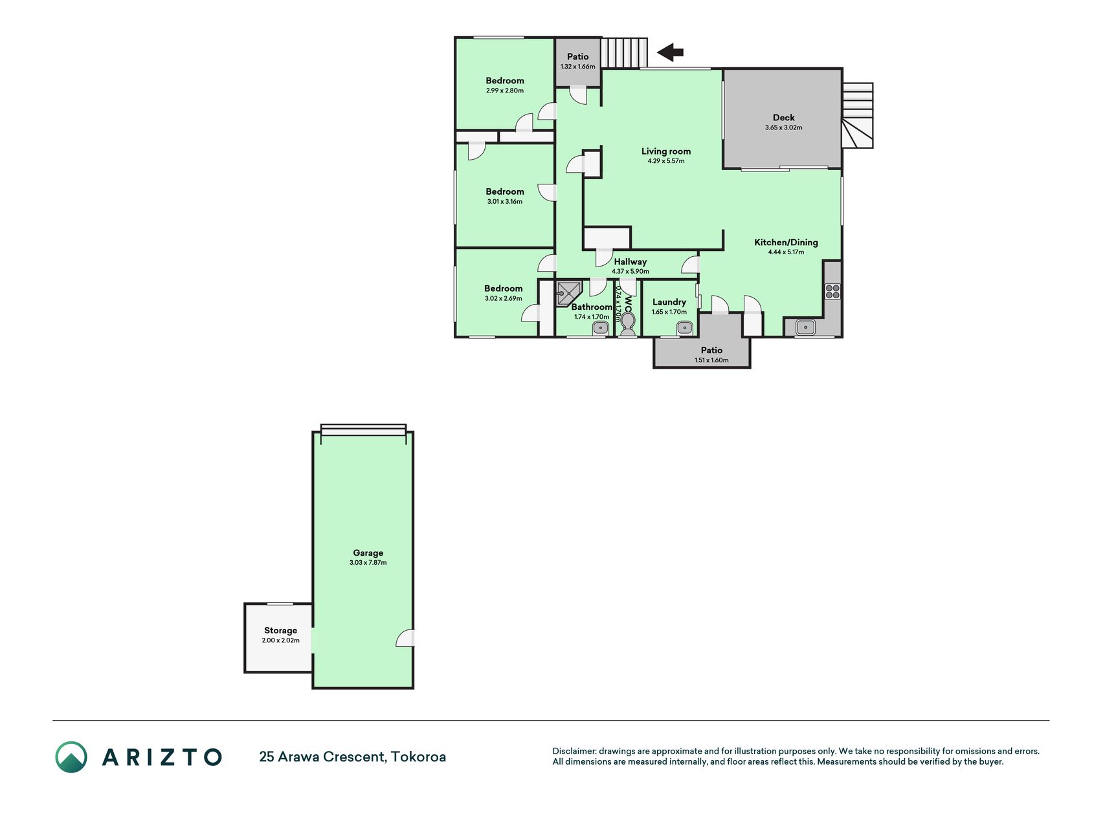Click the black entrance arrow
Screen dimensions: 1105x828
671,52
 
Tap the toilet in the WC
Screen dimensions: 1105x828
628,324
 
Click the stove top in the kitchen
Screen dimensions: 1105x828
832,291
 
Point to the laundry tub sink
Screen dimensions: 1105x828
685,328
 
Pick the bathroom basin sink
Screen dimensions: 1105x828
601,328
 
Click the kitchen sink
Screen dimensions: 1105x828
805,327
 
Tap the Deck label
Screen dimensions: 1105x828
783,118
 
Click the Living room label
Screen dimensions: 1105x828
666,151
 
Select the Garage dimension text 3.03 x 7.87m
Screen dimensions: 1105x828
368,563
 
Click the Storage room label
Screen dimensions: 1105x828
280,631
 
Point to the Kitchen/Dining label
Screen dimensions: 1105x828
786,243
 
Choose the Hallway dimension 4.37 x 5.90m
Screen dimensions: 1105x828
630,272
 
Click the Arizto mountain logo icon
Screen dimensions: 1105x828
71,757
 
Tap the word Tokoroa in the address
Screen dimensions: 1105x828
418,757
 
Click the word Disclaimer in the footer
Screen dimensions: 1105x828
574,751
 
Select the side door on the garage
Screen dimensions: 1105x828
406,638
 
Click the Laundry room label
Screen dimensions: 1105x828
669,302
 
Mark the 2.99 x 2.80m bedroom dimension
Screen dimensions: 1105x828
504,91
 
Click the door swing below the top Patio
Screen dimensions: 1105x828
578,95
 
